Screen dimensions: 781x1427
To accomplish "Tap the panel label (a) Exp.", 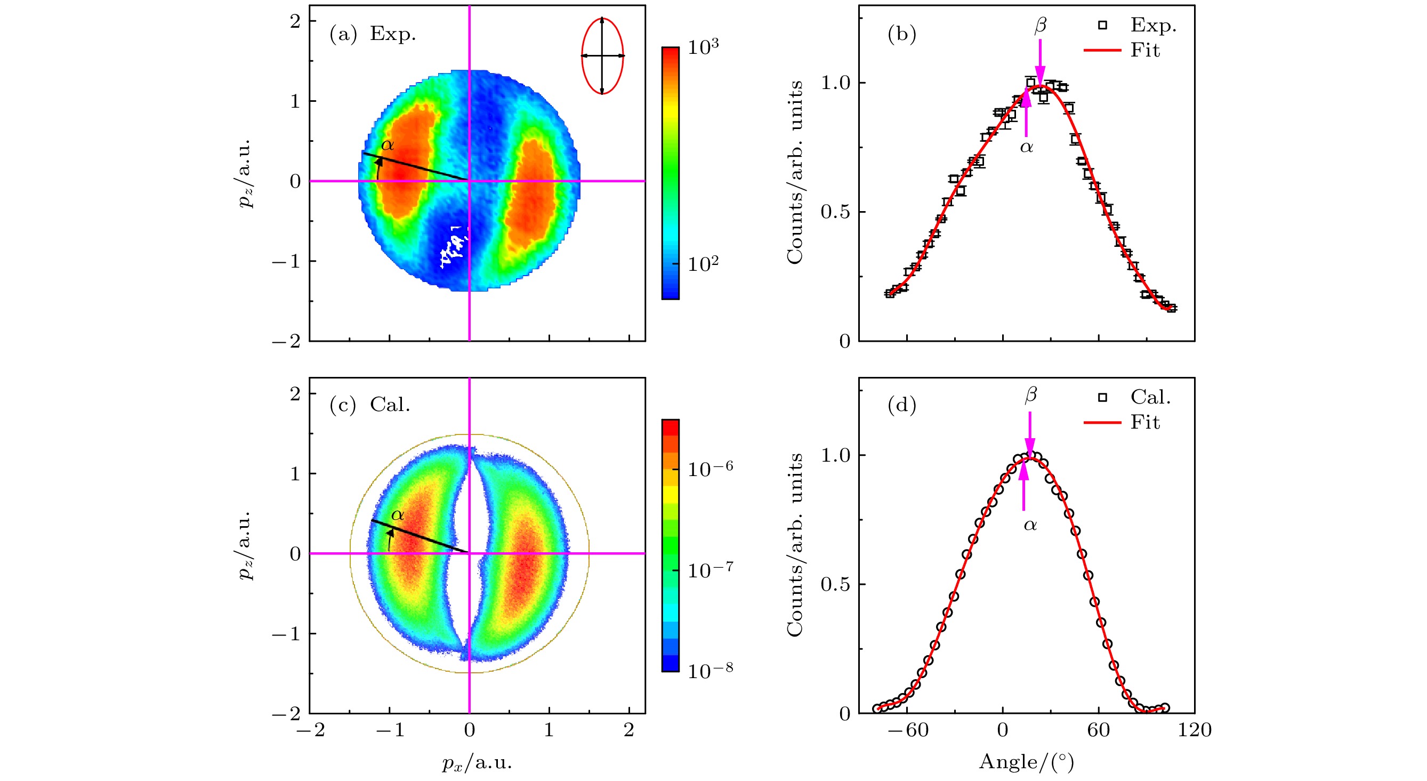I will point(372,34).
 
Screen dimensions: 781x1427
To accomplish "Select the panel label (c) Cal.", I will point(369,405).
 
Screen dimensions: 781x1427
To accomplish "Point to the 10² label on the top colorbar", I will point(703,264).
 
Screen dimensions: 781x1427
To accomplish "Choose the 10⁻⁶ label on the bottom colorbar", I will point(710,469).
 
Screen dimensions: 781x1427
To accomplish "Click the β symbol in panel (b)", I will point(1041,26).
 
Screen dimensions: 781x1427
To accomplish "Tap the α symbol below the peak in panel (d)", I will point(1030,525).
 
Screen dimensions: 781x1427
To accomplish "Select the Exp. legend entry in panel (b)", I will point(1152,26).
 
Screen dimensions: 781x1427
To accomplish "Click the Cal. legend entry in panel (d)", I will point(1149,397).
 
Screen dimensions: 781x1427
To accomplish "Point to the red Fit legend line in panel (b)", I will point(1102,51).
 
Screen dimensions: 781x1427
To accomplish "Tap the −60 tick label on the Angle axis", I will point(907,730).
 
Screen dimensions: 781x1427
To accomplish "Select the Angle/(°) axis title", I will point(1026,762).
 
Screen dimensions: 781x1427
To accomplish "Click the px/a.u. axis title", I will point(477,763).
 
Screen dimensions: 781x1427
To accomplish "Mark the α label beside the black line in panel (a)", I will point(387,145).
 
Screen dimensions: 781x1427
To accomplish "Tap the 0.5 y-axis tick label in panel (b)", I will point(835,212).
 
